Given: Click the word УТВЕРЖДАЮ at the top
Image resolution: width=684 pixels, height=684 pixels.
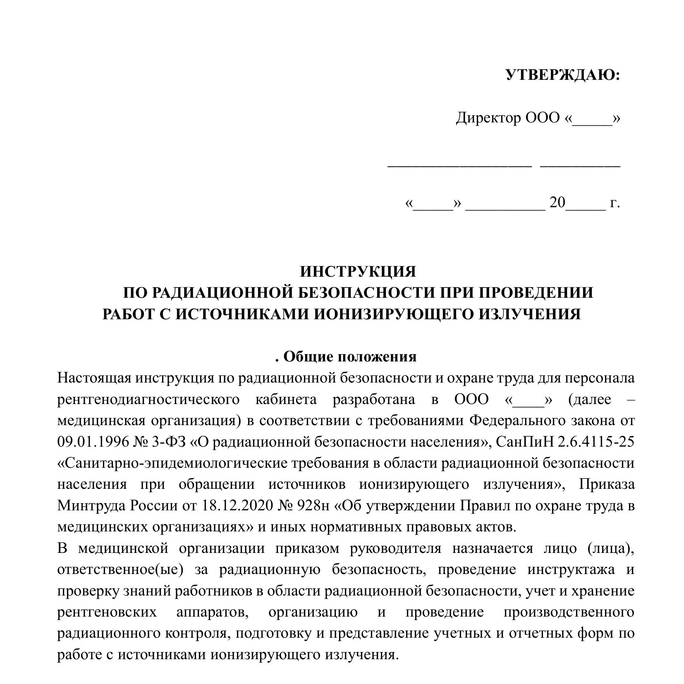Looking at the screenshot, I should tap(563, 75).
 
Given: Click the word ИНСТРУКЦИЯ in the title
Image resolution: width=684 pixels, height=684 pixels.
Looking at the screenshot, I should tap(358, 272).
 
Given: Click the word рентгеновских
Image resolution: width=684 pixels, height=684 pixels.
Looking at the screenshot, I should tap(107, 612).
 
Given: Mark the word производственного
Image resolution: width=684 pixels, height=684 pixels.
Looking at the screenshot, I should tap(569, 612).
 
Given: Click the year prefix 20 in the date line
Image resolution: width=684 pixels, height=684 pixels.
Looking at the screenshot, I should tap(557, 203).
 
